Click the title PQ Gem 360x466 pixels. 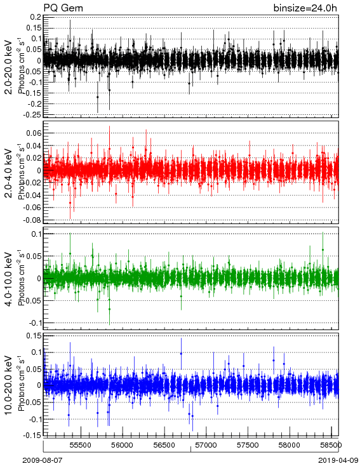point(63,8)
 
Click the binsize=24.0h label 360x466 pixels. point(305,8)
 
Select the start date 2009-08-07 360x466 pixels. point(43,460)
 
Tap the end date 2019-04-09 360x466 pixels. point(338,460)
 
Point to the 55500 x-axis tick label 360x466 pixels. point(81,445)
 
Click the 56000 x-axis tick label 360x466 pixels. point(123,445)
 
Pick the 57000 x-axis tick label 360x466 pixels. point(206,445)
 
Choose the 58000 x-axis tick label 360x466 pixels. point(290,445)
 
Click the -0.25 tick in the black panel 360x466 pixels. point(34,114)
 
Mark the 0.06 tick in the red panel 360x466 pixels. point(34,133)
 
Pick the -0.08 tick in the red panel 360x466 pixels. point(33,220)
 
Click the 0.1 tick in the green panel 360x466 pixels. point(36,234)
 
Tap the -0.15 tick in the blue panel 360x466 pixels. point(34,435)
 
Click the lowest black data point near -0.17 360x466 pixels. point(98,97)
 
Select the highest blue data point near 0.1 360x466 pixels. point(181,354)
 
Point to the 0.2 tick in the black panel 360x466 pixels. point(36,17)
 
